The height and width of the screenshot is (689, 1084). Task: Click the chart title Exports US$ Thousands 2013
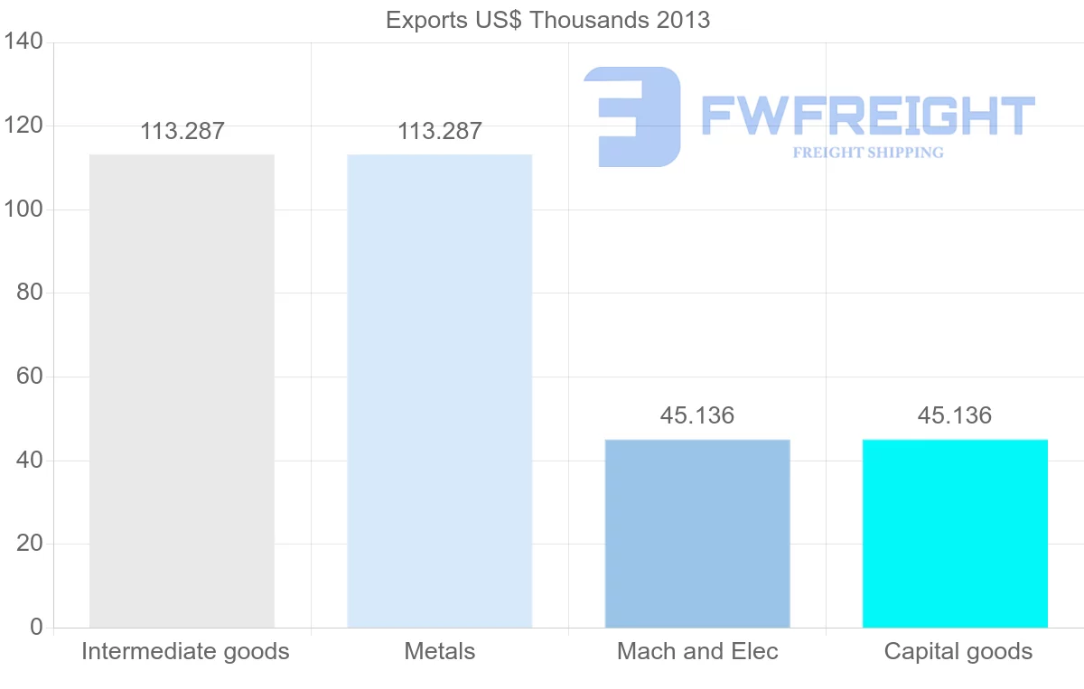[547, 20]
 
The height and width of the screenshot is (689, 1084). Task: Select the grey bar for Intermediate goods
[182, 391]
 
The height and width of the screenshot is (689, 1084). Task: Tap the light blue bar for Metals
[440, 391]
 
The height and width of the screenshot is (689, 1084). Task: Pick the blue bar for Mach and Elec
[697, 533]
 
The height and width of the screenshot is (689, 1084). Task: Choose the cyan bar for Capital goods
[955, 533]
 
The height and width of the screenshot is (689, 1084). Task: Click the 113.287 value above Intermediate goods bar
[182, 131]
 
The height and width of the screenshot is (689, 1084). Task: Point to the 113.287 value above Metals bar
[440, 131]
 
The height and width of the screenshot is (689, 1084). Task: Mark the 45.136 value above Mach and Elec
[697, 415]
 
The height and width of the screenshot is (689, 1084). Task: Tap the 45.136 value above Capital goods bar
[955, 415]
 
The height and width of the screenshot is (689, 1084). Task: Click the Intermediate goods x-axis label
[185, 651]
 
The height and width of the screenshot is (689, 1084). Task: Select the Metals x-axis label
[440, 651]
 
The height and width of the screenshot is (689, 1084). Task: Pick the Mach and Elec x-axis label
[697, 651]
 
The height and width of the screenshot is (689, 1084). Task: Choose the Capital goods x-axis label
[958, 651]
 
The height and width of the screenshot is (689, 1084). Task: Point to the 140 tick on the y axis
[23, 42]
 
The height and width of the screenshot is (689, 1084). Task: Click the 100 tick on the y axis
[23, 209]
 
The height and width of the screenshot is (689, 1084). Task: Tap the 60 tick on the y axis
[30, 376]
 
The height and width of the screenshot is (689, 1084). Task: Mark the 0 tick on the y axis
[36, 627]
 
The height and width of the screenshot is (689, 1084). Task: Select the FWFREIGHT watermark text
[867, 116]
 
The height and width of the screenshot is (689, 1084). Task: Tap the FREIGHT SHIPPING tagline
[867, 153]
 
